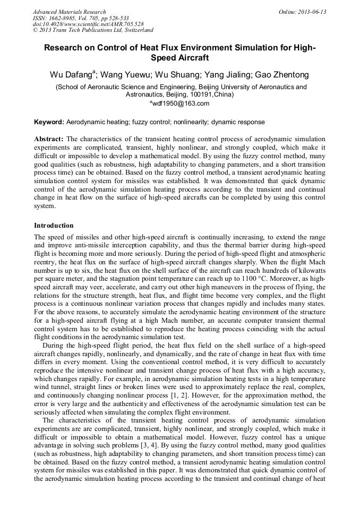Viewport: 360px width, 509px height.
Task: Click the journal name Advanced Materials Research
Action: click(x=70, y=12)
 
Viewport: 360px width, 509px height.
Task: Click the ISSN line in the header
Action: click(x=81, y=18)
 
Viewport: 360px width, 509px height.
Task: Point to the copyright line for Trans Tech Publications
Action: click(x=93, y=30)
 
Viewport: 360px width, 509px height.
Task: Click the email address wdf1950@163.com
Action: click(x=181, y=103)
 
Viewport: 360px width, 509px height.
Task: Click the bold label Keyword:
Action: click(x=49, y=122)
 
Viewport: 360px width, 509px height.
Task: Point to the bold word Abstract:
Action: click(x=49, y=139)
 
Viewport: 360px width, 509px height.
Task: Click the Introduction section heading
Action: click(x=54, y=225)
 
